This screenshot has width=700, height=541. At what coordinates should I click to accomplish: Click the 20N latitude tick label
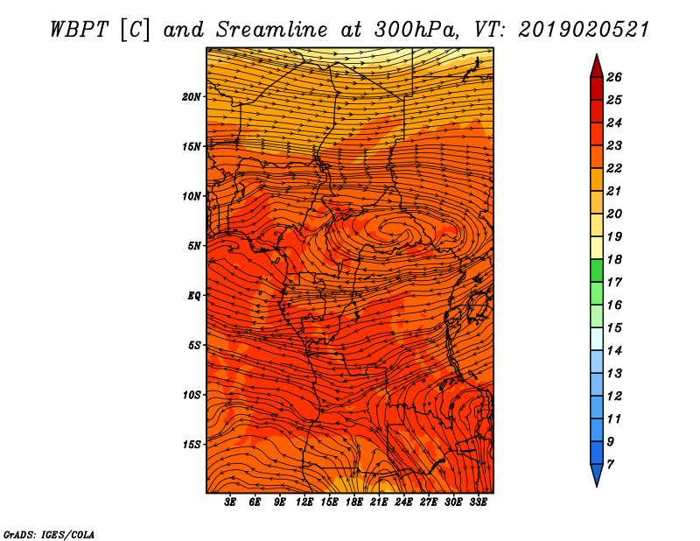point(192,97)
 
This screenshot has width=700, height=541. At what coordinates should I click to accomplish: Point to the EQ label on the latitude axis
point(193,296)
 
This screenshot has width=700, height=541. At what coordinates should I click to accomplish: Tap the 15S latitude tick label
point(192,445)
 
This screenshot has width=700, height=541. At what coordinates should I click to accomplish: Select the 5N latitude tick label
point(194,246)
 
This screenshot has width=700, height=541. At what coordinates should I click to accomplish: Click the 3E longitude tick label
point(230,502)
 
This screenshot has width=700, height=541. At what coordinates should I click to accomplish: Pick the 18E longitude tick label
point(353,502)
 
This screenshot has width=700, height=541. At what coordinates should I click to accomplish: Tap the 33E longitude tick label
point(478,502)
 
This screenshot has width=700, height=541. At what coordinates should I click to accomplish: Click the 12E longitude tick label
point(304,502)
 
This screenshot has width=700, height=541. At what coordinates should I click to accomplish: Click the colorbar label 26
point(614,77)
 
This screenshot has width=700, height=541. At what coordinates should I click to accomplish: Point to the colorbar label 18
point(614,259)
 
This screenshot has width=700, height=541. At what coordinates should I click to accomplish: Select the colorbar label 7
point(610,465)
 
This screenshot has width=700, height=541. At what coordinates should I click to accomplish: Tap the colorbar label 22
point(614,168)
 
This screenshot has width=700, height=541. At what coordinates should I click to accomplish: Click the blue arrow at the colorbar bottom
point(597,474)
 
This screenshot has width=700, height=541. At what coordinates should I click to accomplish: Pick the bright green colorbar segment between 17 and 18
point(597,270)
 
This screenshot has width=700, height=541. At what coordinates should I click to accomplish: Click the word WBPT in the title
point(79,30)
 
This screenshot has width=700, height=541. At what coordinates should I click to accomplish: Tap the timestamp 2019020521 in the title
point(584,30)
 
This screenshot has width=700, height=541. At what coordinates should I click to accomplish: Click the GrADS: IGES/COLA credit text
point(49,534)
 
